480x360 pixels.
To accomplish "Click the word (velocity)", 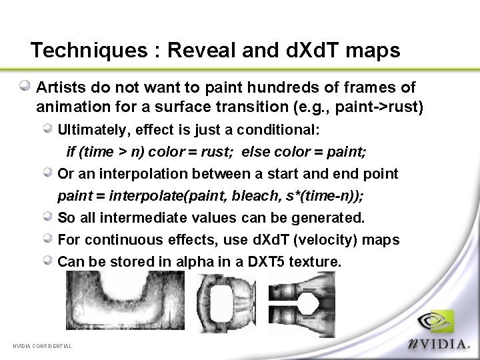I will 317,240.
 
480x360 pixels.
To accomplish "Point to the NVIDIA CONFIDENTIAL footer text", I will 42,346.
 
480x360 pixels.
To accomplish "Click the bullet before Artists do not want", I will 25,86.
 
